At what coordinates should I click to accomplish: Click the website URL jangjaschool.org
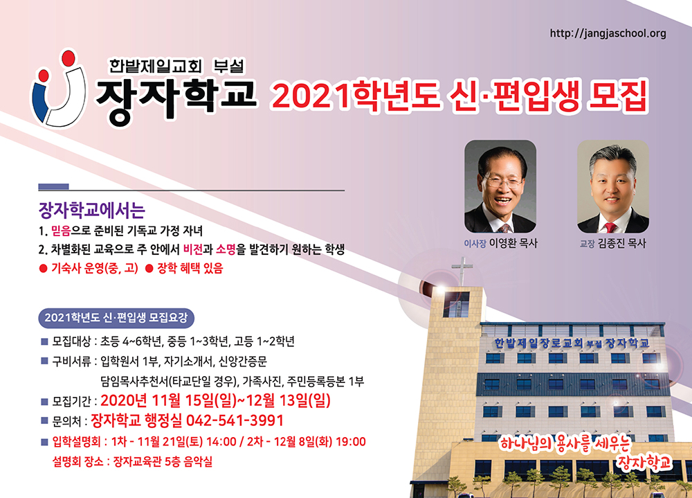pyautogui.click(x=608, y=33)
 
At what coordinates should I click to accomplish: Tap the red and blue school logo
pyautogui.click(x=58, y=91)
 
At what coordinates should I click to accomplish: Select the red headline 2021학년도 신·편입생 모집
pyautogui.click(x=459, y=96)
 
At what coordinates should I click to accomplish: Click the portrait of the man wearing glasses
pyautogui.click(x=500, y=186)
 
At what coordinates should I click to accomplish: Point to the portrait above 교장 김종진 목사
pyautogui.click(x=612, y=186)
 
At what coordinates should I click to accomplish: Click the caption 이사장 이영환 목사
pyautogui.click(x=500, y=243)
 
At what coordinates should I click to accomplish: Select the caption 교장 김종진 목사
pyautogui.click(x=612, y=243)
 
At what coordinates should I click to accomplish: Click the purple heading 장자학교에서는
pyautogui.click(x=92, y=211)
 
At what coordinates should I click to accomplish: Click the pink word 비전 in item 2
pyautogui.click(x=193, y=249)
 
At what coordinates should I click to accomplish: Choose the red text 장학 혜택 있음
pyautogui.click(x=185, y=268)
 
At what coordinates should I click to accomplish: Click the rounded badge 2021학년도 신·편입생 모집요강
pyautogui.click(x=116, y=318)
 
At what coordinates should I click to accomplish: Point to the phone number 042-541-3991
pyautogui.click(x=235, y=420)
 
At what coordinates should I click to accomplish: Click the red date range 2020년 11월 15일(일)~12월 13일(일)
pyautogui.click(x=215, y=400)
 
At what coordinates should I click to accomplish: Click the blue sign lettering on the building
pyautogui.click(x=572, y=343)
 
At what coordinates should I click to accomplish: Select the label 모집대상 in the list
pyautogui.click(x=71, y=341)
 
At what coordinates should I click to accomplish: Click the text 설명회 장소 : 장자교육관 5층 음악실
pyautogui.click(x=132, y=462)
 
